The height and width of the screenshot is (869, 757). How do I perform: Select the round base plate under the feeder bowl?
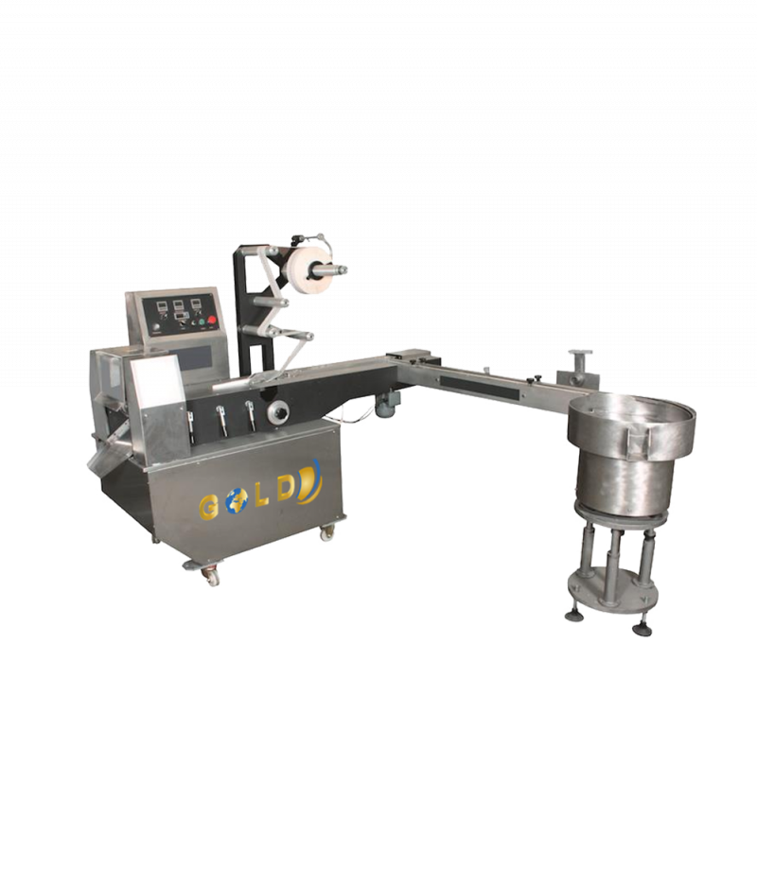pos(613,585)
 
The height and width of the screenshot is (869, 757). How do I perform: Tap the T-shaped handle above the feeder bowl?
pos(576,362)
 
